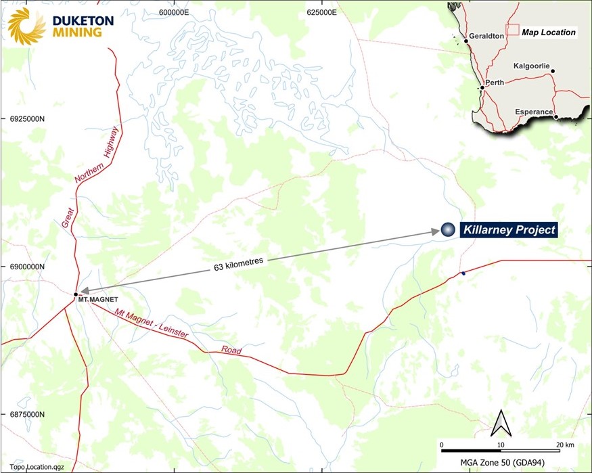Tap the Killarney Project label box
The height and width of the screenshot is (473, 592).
pos(508,230)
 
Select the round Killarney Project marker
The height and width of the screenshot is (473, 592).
pos(447,230)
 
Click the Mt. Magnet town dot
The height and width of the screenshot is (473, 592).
pos(76,294)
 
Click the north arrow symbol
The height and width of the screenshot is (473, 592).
pos(501,423)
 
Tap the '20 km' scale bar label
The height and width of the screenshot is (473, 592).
pos(565,444)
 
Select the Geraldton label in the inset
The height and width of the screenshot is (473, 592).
pos(487,37)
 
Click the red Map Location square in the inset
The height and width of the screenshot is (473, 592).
pos(513,30)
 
